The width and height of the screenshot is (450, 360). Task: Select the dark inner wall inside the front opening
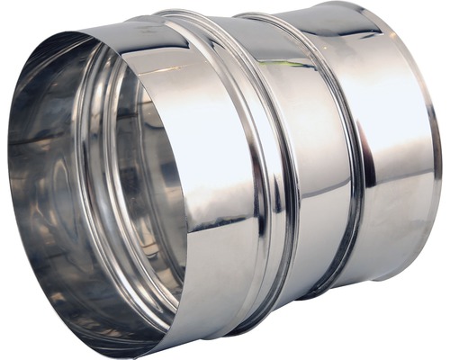point(45,180)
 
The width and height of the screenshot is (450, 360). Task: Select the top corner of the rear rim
point(360,4)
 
